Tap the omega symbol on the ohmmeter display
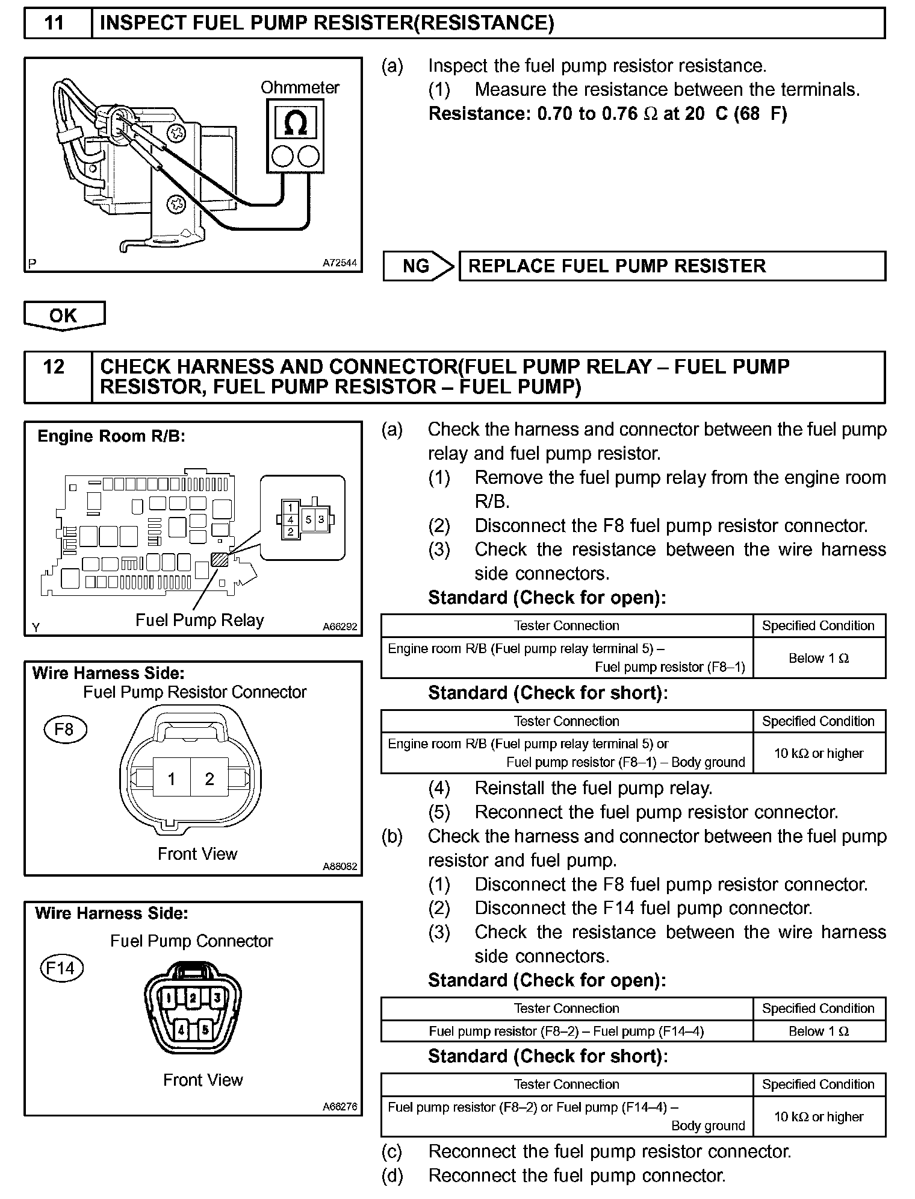click(296, 123)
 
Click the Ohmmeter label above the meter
click(300, 88)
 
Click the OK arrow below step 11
click(64, 315)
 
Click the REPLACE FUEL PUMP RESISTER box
click(671, 266)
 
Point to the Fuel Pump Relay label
click(199, 621)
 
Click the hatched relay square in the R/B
click(220, 560)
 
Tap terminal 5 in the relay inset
click(309, 519)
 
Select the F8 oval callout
click(65, 730)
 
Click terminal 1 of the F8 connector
click(172, 779)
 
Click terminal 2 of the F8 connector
click(209, 779)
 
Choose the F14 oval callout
click(61, 968)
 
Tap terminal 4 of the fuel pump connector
click(181, 1030)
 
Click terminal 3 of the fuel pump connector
click(217, 998)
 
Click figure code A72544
click(340, 263)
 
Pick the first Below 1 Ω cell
click(819, 658)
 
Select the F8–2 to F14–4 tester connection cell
click(566, 1031)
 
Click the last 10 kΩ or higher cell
click(819, 1116)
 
